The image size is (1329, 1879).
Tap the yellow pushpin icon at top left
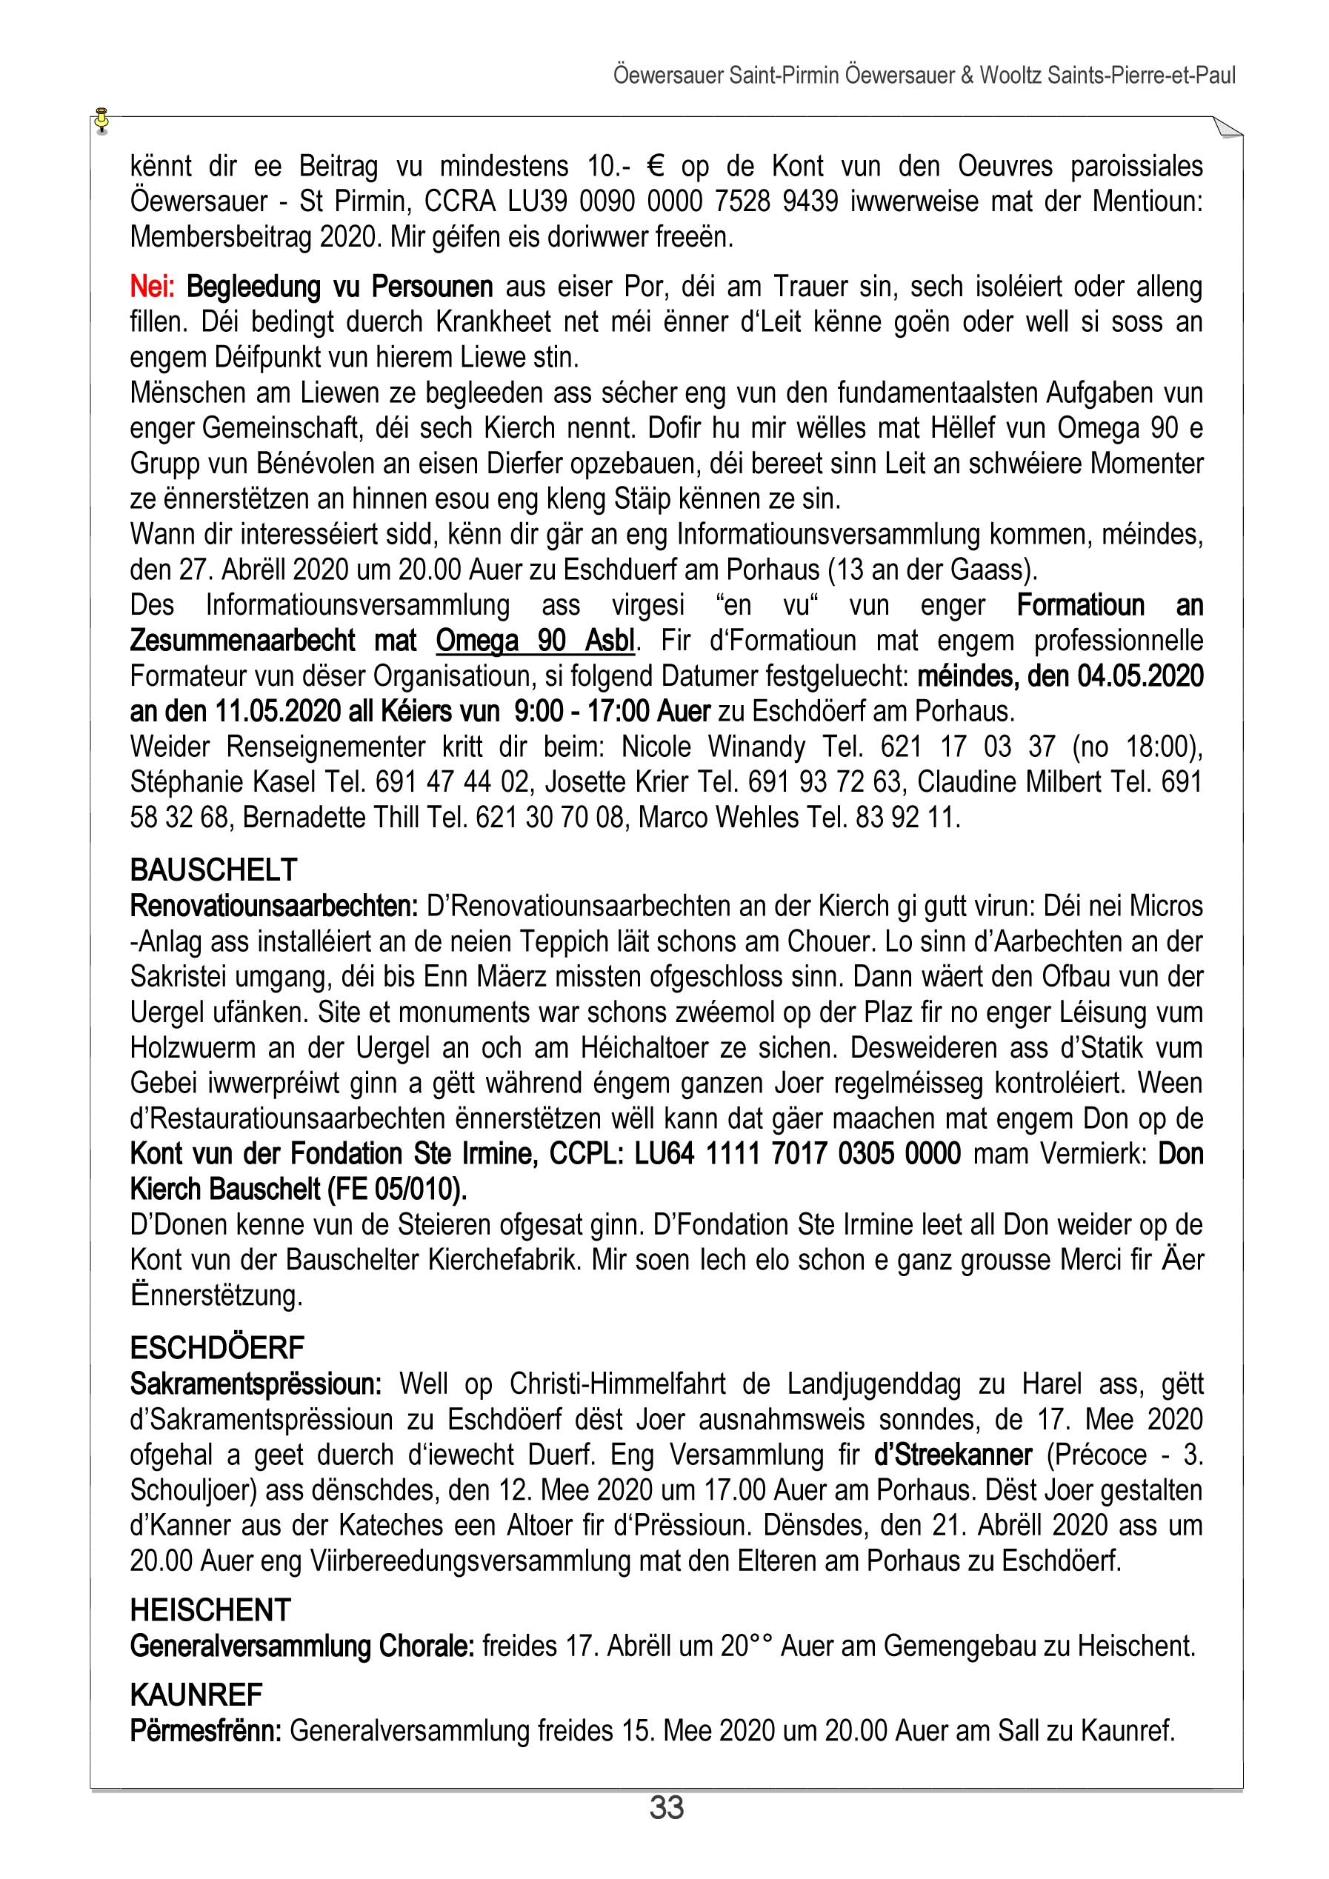pyautogui.click(x=101, y=119)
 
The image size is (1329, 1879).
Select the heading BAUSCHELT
pyautogui.click(x=213, y=869)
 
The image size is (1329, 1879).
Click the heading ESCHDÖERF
pyautogui.click(x=217, y=1347)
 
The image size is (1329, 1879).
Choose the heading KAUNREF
pyautogui.click(x=196, y=1694)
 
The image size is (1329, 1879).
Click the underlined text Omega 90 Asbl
pyautogui.click(x=535, y=641)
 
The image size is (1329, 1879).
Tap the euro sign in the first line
pyautogui.click(x=654, y=166)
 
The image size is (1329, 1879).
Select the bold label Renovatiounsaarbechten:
pyautogui.click(x=274, y=906)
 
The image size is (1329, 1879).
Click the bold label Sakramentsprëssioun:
pyautogui.click(x=256, y=1384)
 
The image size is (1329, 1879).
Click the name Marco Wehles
pyautogui.click(x=719, y=818)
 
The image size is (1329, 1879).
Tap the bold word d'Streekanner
pyautogui.click(x=953, y=1455)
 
